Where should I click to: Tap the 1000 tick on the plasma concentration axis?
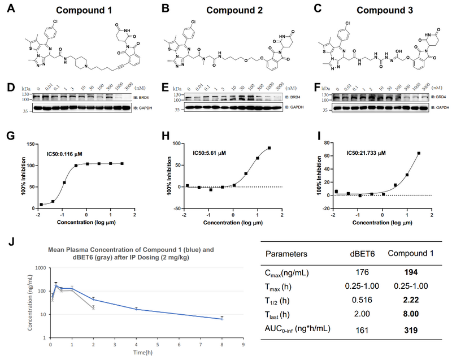(x=40, y=267)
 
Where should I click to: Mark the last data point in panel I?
(x=419, y=153)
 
